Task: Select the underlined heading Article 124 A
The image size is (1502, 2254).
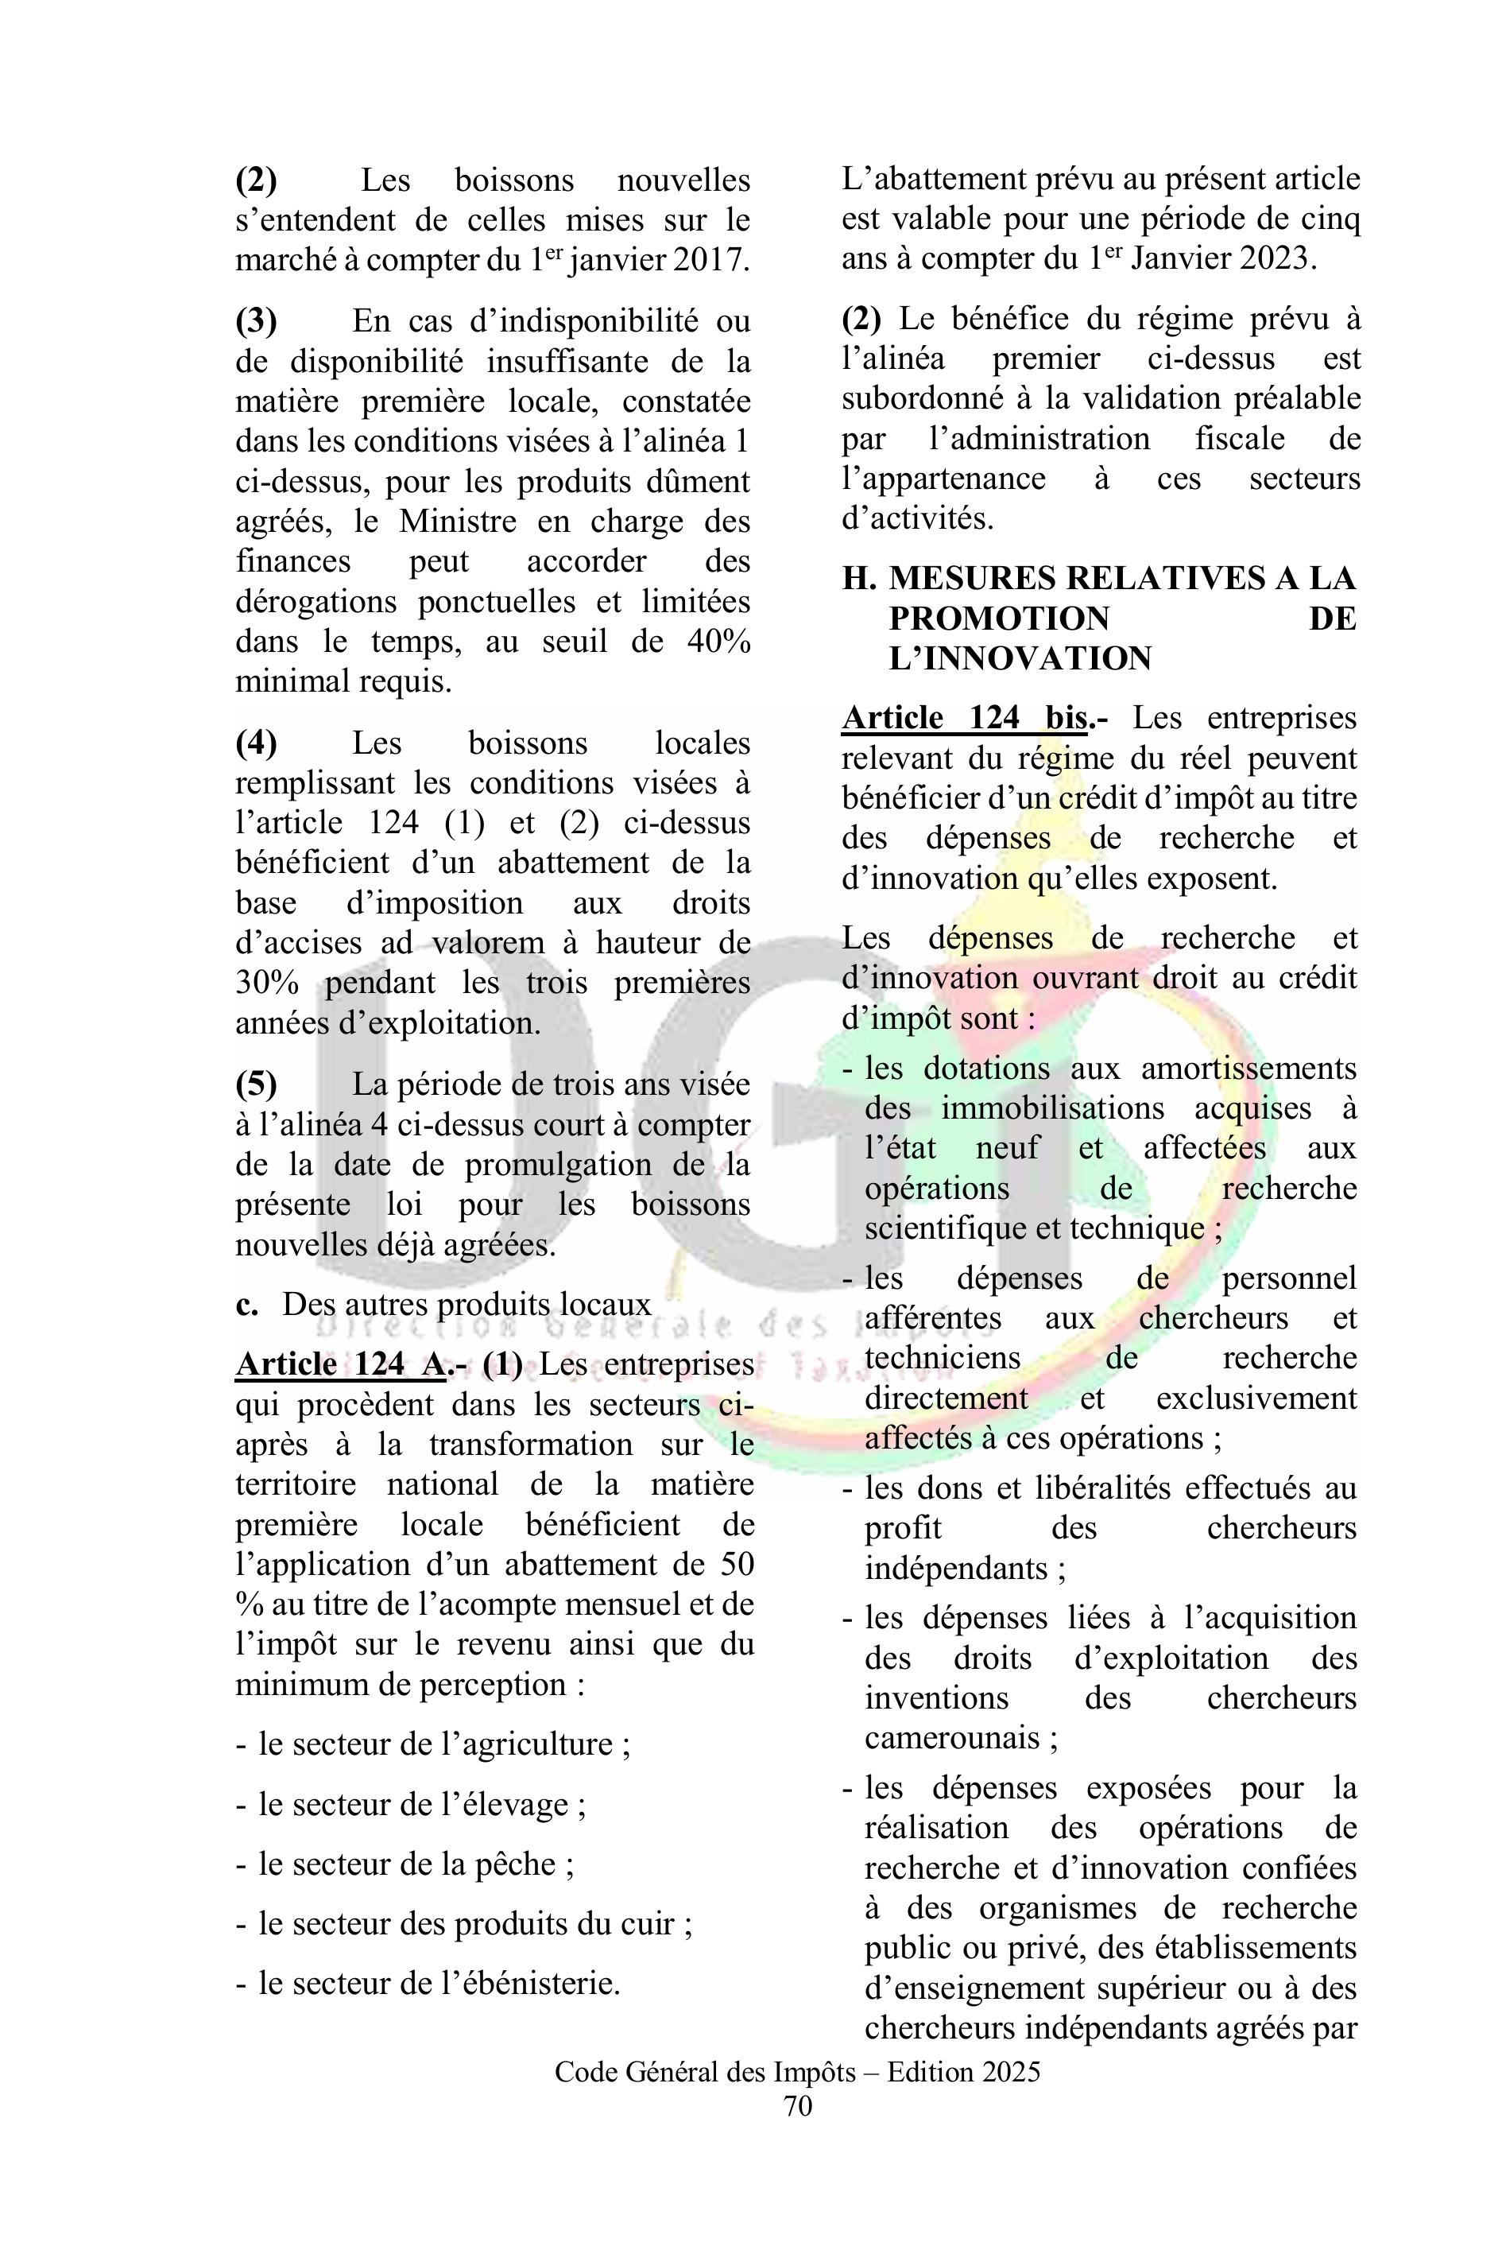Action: point(341,1364)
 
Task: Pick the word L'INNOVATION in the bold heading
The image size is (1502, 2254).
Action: point(1020,658)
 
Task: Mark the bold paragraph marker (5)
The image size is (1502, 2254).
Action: point(257,1084)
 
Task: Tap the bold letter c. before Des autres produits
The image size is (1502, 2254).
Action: point(246,1305)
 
